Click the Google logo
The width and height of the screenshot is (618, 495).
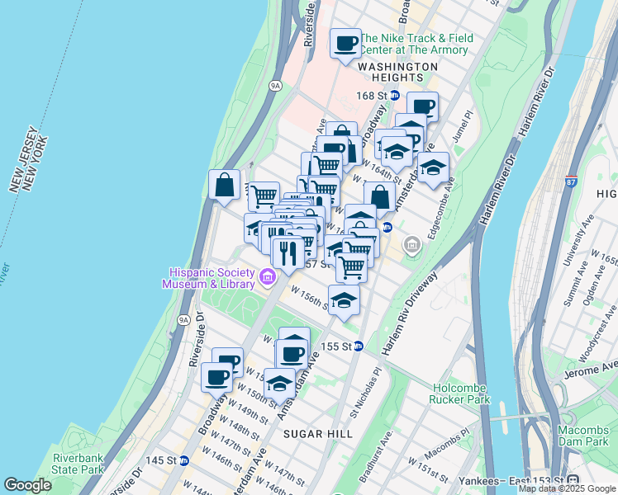[28, 485]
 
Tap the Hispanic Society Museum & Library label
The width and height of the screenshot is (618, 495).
[210, 278]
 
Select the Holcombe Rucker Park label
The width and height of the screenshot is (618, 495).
[459, 393]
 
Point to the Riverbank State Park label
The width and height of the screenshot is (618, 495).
[78, 464]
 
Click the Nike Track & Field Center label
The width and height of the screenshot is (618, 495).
[416, 44]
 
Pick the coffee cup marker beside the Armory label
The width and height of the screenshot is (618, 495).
[346, 42]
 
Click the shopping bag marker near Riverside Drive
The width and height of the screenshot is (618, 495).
[224, 185]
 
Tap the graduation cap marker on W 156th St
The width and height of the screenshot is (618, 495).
[344, 299]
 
